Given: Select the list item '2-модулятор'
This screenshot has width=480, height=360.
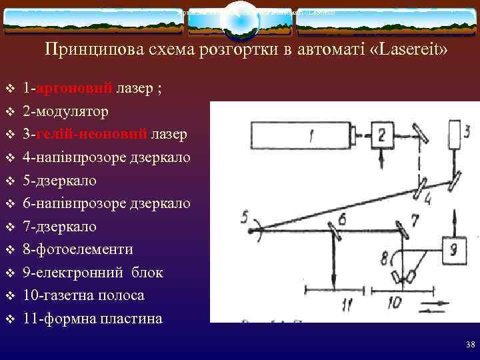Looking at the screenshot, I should [65, 111].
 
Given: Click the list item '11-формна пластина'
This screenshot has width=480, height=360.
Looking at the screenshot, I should [92, 318].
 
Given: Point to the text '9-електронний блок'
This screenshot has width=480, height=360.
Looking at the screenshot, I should [93, 273].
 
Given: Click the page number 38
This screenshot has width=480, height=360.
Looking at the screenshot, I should [471, 345].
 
